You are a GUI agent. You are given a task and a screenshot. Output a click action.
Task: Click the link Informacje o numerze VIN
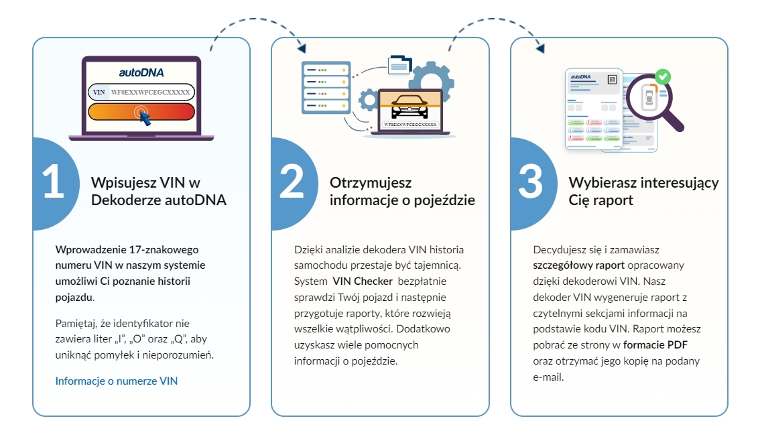click(x=117, y=381)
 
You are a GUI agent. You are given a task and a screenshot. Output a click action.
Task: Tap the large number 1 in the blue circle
click(x=53, y=183)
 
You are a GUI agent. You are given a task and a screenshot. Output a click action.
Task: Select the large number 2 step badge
click(x=292, y=183)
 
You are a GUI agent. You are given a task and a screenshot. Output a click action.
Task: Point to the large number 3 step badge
click(x=531, y=183)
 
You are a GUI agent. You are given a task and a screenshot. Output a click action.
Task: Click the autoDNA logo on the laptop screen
click(x=141, y=72)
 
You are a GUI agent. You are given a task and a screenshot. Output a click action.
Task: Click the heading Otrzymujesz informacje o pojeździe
click(x=402, y=191)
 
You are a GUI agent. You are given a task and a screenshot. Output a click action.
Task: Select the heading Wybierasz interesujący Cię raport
click(x=643, y=191)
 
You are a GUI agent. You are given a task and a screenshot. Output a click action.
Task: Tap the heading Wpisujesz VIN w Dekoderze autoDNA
click(x=158, y=191)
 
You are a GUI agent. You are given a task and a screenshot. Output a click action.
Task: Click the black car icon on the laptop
click(x=409, y=108)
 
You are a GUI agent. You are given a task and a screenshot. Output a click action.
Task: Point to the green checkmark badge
click(x=663, y=76)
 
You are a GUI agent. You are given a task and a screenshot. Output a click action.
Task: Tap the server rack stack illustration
click(x=326, y=87)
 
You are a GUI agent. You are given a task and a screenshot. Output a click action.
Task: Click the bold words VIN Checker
click(x=363, y=280)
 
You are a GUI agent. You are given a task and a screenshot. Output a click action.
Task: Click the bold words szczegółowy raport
click(x=574, y=264)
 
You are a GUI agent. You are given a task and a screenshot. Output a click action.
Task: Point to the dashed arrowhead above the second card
click(x=302, y=49)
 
